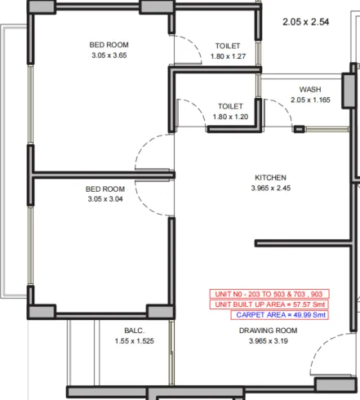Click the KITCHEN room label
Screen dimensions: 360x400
270,178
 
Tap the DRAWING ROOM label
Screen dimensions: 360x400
268,331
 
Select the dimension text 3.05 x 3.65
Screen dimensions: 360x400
109,56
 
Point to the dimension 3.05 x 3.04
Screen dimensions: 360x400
105,199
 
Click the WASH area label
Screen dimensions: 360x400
310,90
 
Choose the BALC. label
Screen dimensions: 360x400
135,331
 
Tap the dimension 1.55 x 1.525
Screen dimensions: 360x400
135,341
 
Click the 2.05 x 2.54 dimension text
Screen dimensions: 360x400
306,22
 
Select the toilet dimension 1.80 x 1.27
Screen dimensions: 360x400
228,56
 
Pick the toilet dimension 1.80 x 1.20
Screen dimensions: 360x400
230,117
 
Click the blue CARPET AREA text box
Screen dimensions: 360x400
280,315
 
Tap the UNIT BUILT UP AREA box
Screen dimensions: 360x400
269,304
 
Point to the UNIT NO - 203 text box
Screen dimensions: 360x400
269,294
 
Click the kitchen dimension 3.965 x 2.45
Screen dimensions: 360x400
271,188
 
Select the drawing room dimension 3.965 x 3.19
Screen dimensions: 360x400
269,341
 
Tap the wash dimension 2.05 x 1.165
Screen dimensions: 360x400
310,100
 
